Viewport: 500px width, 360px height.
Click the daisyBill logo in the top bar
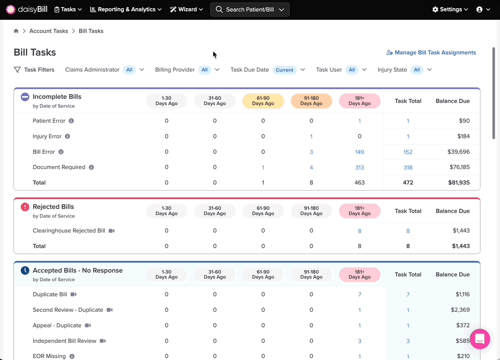coord(27,10)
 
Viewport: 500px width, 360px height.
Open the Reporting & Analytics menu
coord(125,10)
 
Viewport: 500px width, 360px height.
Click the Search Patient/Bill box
coord(250,10)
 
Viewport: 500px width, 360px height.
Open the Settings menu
coord(450,10)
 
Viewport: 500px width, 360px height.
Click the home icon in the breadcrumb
coord(16,31)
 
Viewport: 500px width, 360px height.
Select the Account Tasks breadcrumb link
coord(49,31)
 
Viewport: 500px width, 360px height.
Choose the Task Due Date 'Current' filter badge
coord(284,70)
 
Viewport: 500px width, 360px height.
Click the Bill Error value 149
coord(359,152)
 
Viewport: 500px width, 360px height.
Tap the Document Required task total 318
coord(408,168)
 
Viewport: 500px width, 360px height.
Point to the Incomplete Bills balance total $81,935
coord(459,182)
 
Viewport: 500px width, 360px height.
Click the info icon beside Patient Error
coord(72,121)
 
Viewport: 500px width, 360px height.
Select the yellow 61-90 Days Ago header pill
coord(263,101)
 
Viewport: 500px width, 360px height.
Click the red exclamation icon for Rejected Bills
coord(25,207)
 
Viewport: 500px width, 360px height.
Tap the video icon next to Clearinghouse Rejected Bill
coord(112,231)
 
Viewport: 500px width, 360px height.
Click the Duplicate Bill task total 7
coord(408,294)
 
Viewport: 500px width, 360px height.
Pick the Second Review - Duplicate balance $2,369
coord(460,310)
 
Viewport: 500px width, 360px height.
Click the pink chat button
coord(480,339)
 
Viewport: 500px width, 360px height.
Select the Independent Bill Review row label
coord(64,341)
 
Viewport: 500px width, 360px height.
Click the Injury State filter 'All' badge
coord(417,70)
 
